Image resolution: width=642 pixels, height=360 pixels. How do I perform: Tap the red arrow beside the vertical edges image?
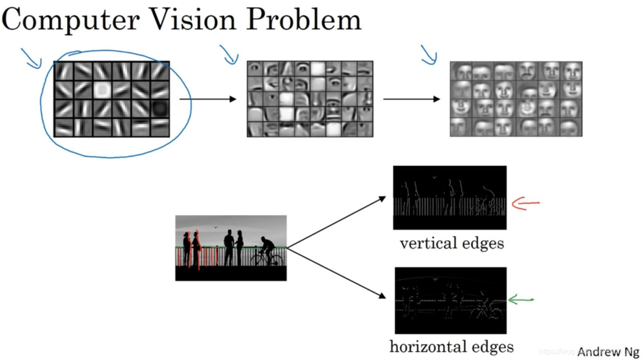[x=525, y=203]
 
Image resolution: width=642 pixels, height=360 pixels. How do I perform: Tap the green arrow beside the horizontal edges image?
[x=521, y=300]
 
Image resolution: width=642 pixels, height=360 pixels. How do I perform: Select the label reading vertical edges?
[x=451, y=243]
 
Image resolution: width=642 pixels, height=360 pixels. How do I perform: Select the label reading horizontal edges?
[x=451, y=347]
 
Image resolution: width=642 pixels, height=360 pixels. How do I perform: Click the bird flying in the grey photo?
[x=215, y=227]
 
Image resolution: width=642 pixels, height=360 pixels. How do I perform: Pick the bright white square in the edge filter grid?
[x=102, y=90]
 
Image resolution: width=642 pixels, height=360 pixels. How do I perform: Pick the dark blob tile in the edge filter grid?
[x=160, y=108]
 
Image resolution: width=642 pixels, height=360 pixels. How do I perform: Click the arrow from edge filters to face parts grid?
[x=208, y=99]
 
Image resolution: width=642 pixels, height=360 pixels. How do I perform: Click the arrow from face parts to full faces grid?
[x=411, y=99]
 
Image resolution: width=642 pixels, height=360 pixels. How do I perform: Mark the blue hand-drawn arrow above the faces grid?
[x=429, y=54]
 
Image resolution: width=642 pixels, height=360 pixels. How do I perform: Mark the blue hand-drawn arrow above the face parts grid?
[x=229, y=54]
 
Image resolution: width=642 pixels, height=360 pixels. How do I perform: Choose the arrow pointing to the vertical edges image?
[x=337, y=222]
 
